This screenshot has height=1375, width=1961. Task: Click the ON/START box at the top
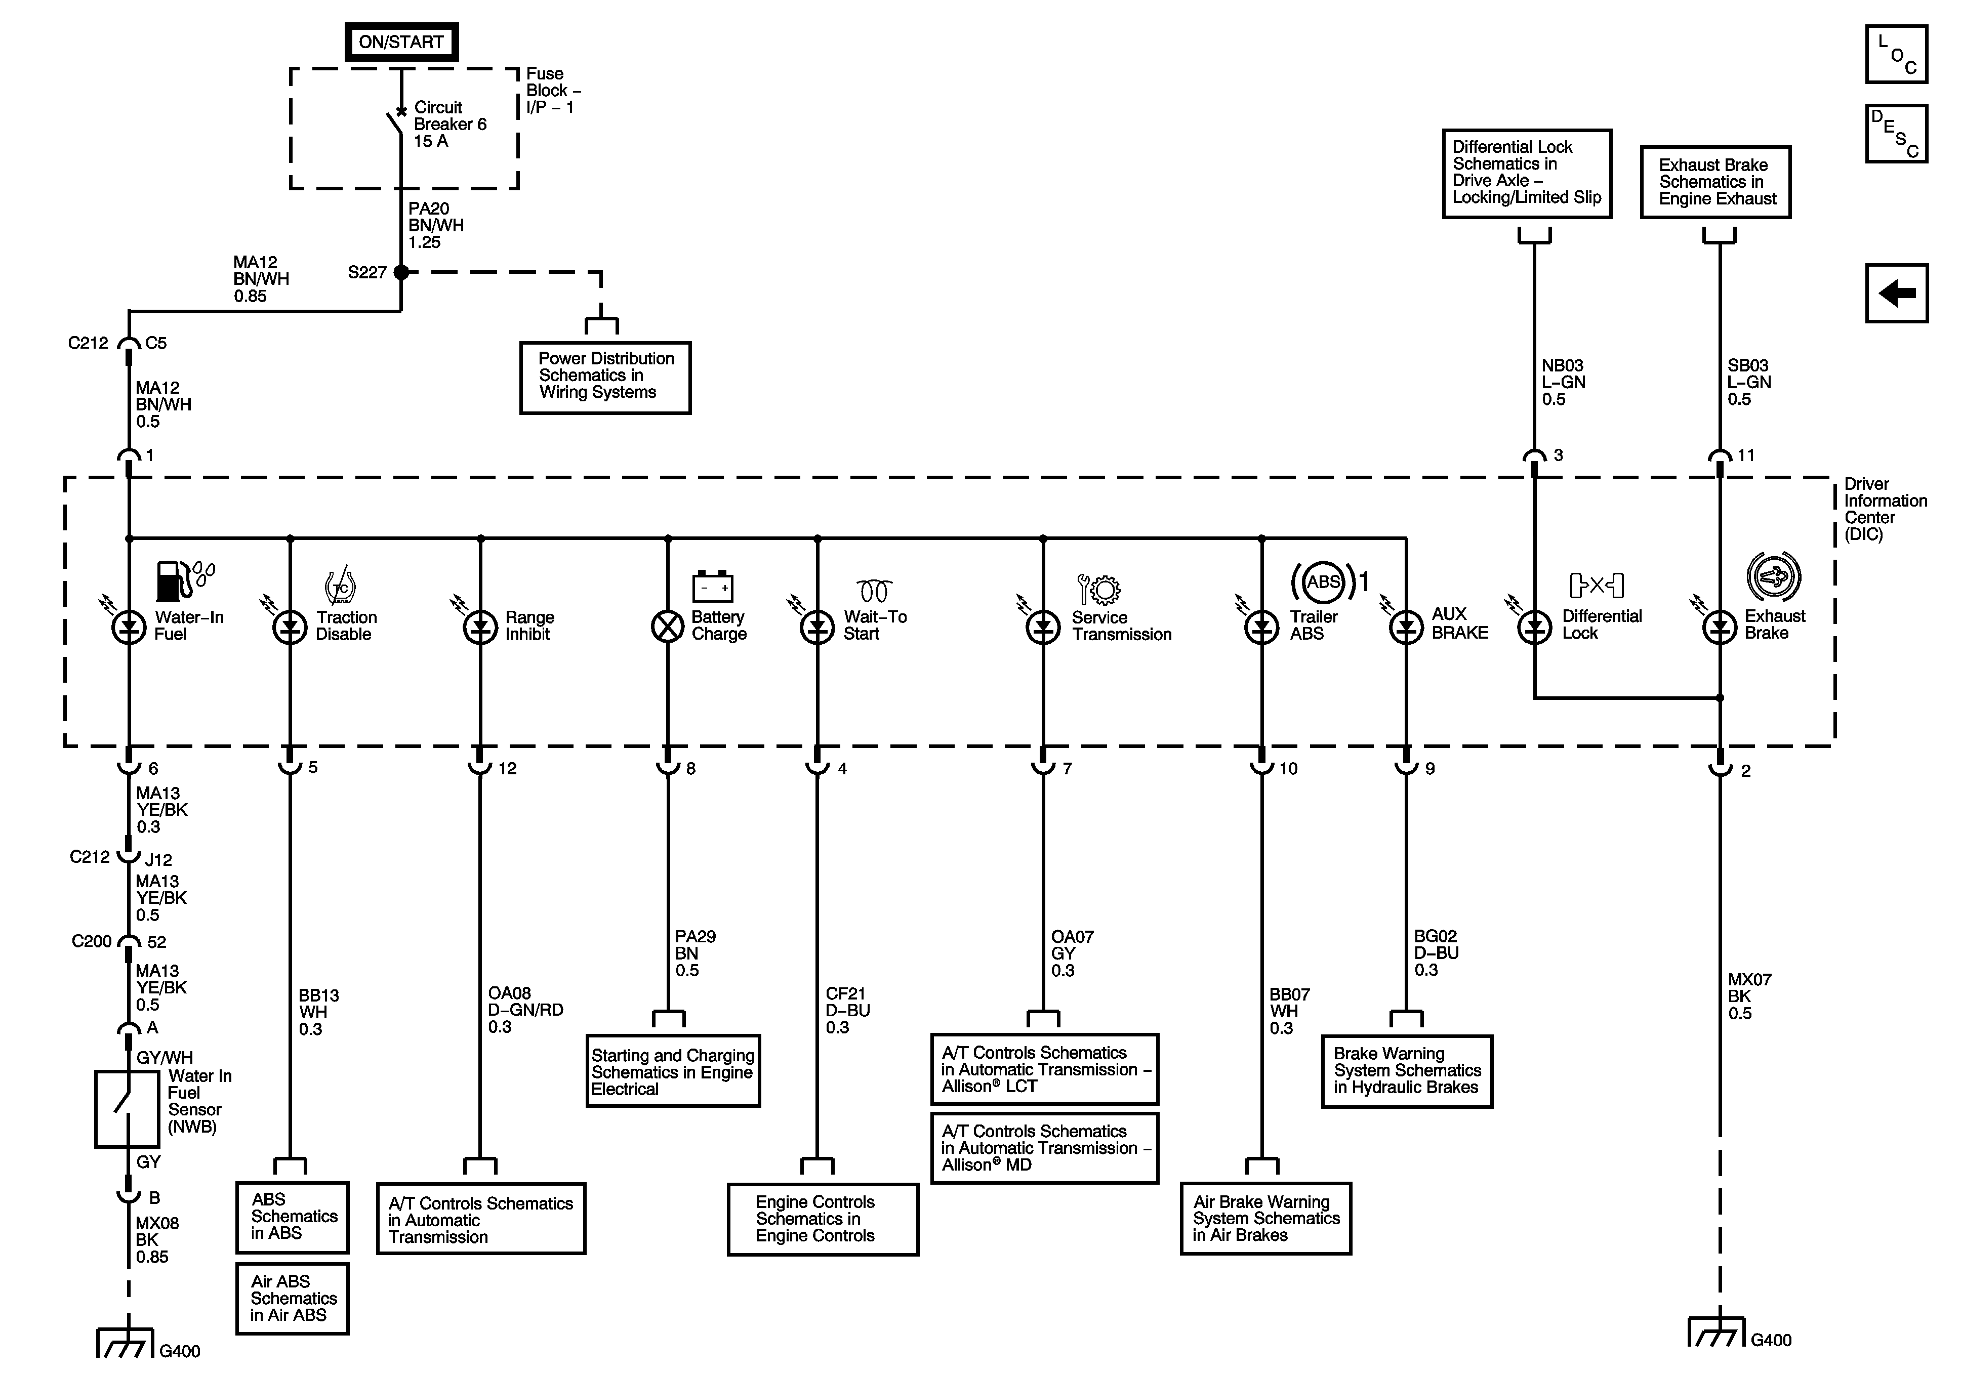(x=401, y=42)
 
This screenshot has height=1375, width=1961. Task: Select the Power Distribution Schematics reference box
(x=605, y=378)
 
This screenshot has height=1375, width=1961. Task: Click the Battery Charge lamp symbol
(x=668, y=628)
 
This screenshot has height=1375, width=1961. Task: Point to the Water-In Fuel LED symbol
(x=129, y=628)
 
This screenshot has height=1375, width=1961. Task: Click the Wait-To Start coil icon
(x=874, y=590)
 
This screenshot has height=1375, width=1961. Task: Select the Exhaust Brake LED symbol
(x=1719, y=628)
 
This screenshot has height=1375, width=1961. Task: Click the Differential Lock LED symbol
(x=1535, y=628)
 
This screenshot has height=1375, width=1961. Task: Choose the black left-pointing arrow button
(x=1896, y=293)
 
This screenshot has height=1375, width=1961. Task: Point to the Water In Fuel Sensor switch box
(x=127, y=1108)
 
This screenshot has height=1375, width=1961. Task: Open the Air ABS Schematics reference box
(x=292, y=1298)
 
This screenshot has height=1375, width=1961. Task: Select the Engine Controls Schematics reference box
(x=823, y=1219)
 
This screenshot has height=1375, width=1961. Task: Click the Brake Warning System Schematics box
(x=1407, y=1071)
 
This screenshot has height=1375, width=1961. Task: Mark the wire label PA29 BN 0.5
(x=695, y=953)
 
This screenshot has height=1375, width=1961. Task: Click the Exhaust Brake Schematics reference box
(x=1715, y=182)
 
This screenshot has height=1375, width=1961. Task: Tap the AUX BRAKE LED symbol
(x=1406, y=628)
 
